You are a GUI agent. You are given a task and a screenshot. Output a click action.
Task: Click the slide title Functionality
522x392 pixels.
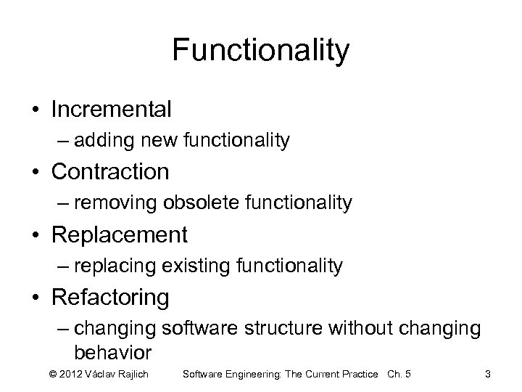[261, 51]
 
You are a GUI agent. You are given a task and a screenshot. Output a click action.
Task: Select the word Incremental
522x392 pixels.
[111, 110]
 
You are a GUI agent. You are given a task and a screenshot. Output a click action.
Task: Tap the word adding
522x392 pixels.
[102, 141]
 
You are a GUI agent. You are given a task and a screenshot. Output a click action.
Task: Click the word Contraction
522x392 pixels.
[110, 172]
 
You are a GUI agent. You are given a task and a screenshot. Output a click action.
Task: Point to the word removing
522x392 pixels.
[109, 204]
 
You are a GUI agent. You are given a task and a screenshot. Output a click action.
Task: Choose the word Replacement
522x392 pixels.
[119, 235]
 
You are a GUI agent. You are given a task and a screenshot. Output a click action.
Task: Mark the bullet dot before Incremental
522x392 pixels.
[35, 110]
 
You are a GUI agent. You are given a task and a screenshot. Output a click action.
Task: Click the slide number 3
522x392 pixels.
[488, 374]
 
